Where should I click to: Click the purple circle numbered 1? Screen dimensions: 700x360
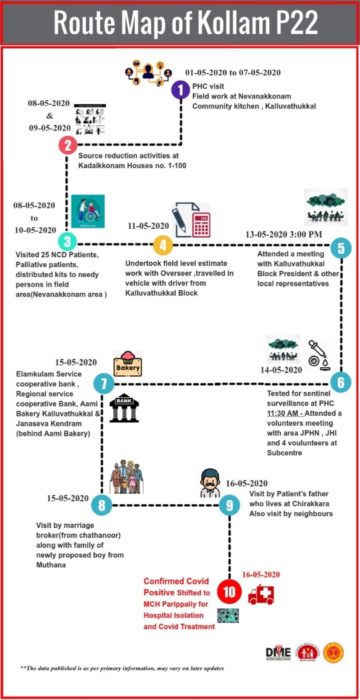[x=180, y=90]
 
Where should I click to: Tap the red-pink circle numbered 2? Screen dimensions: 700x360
[x=68, y=145]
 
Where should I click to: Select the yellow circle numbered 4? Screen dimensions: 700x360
[x=163, y=246]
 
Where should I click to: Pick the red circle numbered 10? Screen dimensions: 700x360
[x=229, y=591]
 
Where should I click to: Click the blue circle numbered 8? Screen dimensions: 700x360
[x=101, y=505]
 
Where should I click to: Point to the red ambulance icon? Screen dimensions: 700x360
[x=261, y=594]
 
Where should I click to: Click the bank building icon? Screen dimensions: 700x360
[x=124, y=408]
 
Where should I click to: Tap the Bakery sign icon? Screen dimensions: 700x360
[x=128, y=363]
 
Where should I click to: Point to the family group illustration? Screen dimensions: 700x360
[x=126, y=478]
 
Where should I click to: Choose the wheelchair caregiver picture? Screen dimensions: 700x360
[x=88, y=211]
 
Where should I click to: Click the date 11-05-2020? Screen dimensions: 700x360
[x=148, y=226]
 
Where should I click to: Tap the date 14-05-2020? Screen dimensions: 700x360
[x=281, y=370]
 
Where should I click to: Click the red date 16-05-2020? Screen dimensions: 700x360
[x=261, y=574]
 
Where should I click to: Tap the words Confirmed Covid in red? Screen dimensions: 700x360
[x=170, y=581]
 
